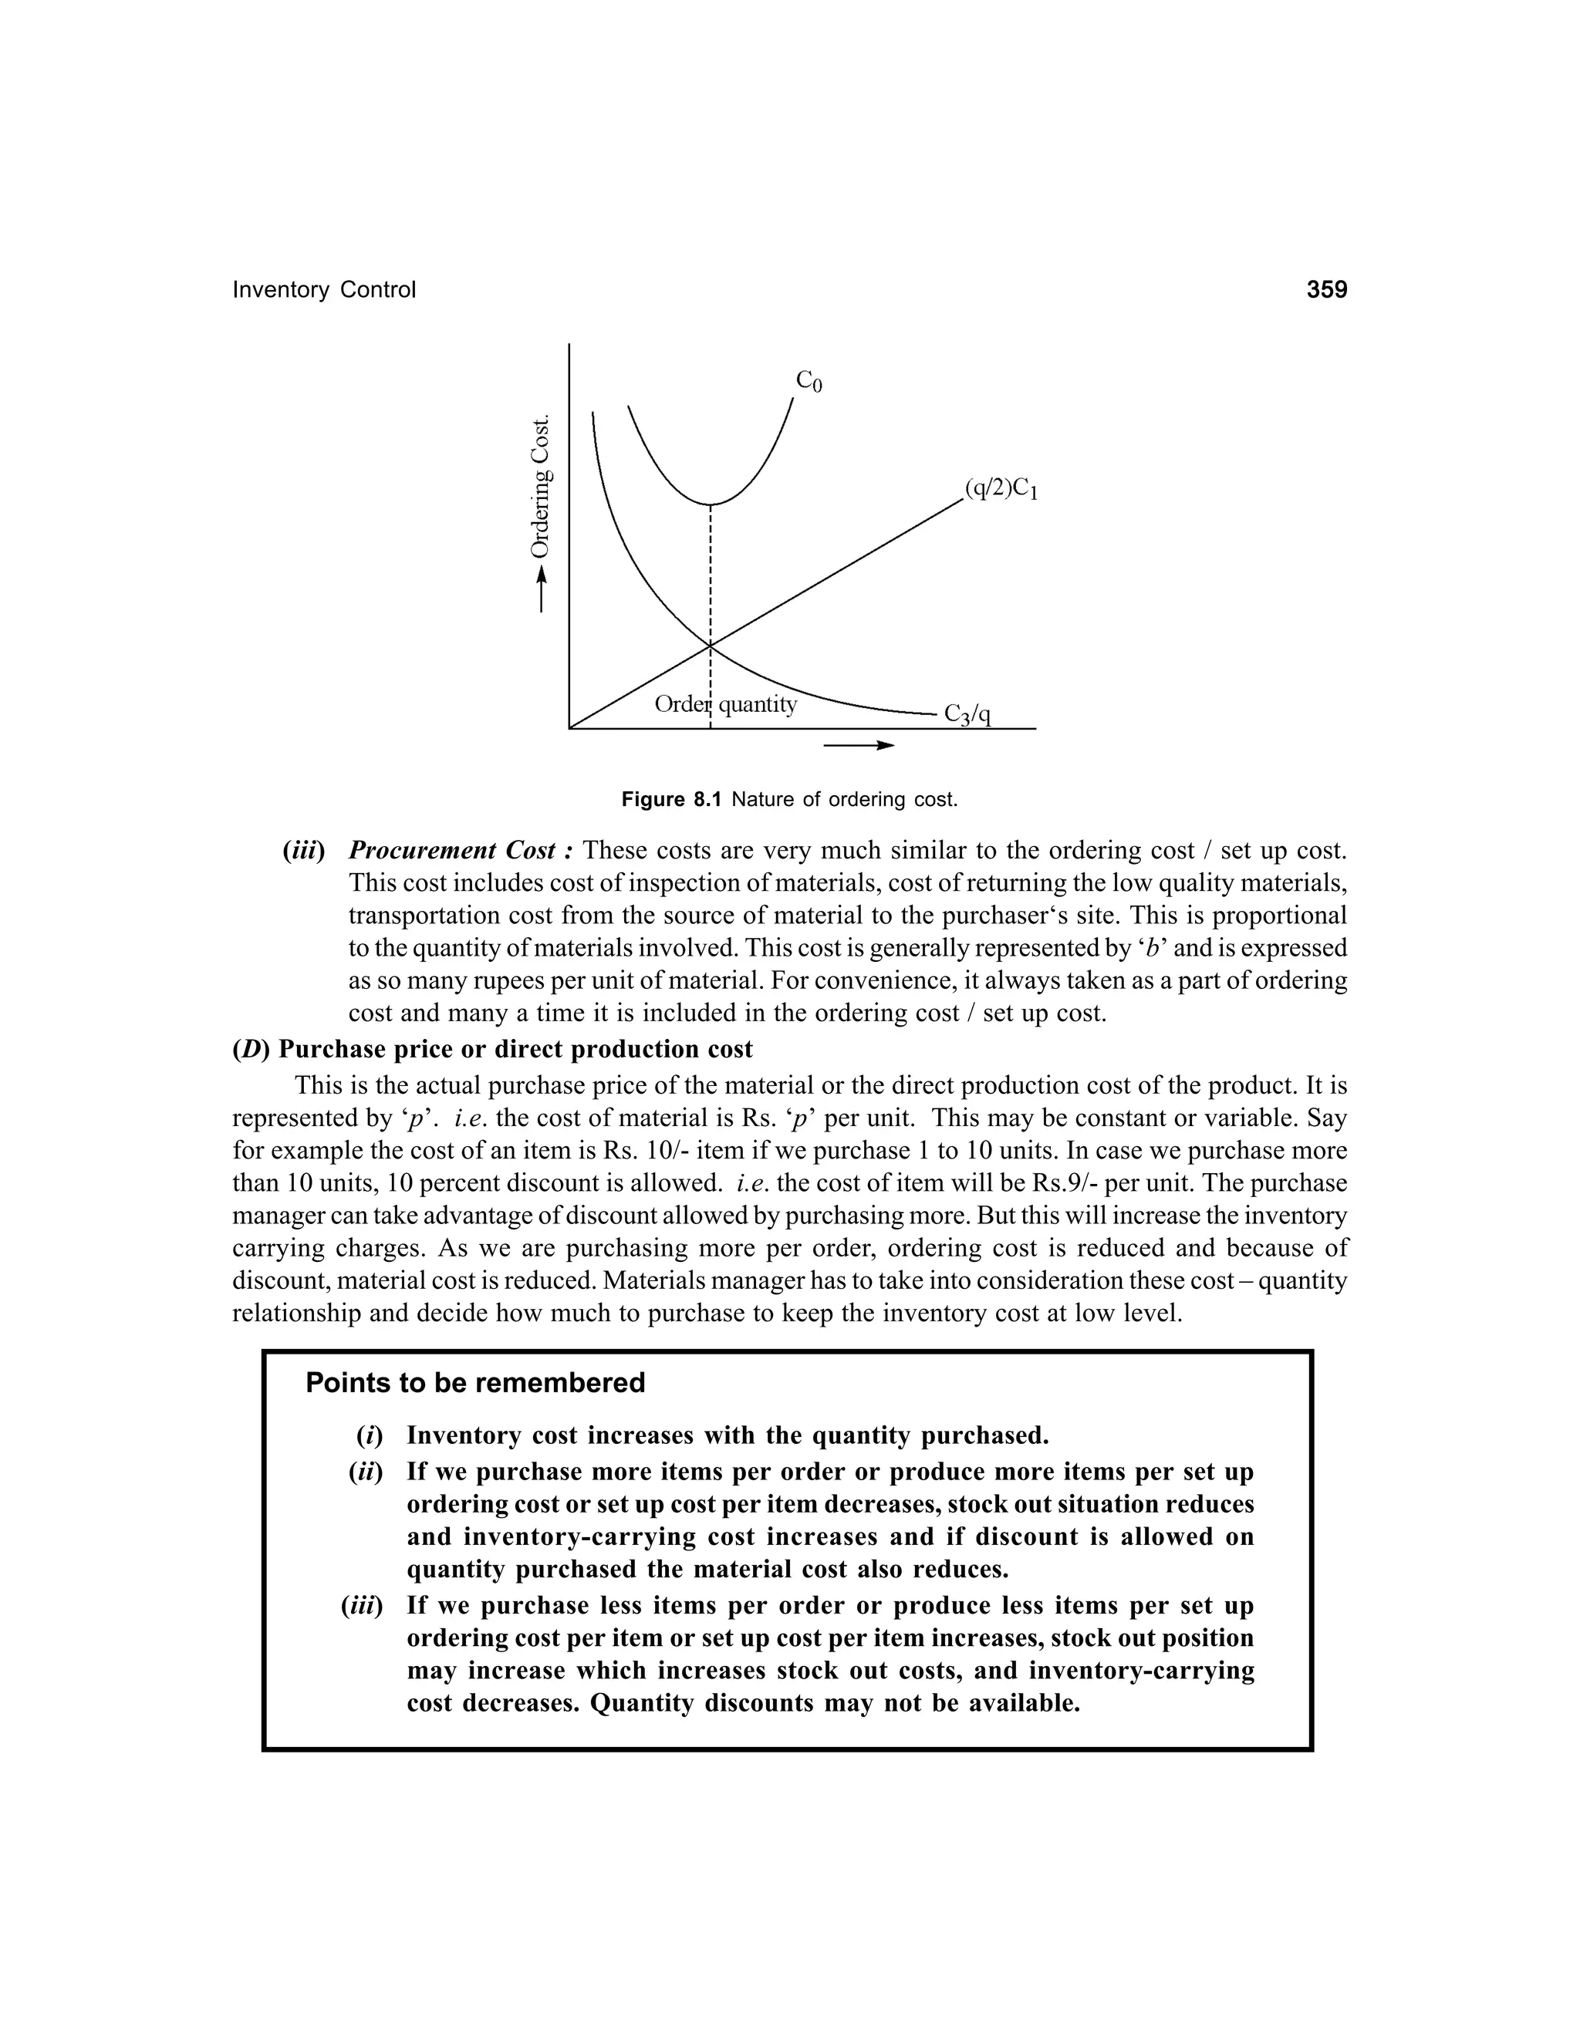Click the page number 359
pos(1326,289)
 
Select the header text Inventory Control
pos(323,290)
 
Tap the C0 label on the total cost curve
pos(809,381)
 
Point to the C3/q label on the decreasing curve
pos(967,714)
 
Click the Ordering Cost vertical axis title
pos(540,487)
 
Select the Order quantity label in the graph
pos(725,703)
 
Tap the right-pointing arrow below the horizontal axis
pos(859,745)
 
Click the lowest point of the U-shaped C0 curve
pos(711,504)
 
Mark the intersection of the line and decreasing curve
pos(711,646)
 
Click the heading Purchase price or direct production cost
pos(492,1049)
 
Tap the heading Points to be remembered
pos(475,1382)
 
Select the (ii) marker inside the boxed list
pos(365,1472)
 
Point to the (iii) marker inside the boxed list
pos(363,1606)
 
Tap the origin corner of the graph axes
pos(569,727)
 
